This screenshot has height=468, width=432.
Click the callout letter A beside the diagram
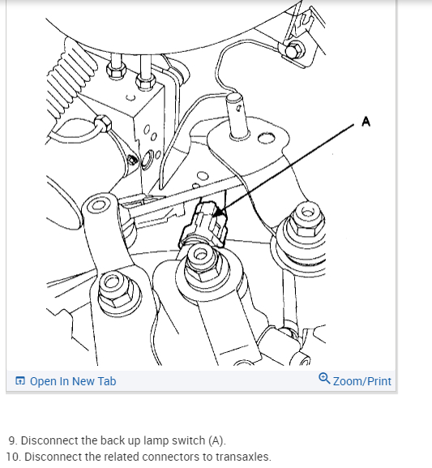click(x=366, y=122)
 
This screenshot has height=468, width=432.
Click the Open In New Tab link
click(x=73, y=381)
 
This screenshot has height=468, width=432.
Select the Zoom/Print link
click(x=361, y=381)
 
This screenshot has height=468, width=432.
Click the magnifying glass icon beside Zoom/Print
click(x=324, y=379)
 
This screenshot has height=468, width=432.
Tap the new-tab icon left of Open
click(x=20, y=381)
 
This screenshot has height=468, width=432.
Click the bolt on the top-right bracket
click(x=294, y=49)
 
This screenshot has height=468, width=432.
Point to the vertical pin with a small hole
click(x=238, y=116)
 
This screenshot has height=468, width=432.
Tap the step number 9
click(x=12, y=440)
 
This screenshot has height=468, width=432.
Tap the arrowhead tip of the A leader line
click(x=215, y=217)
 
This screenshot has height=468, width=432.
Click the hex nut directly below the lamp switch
click(x=202, y=262)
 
